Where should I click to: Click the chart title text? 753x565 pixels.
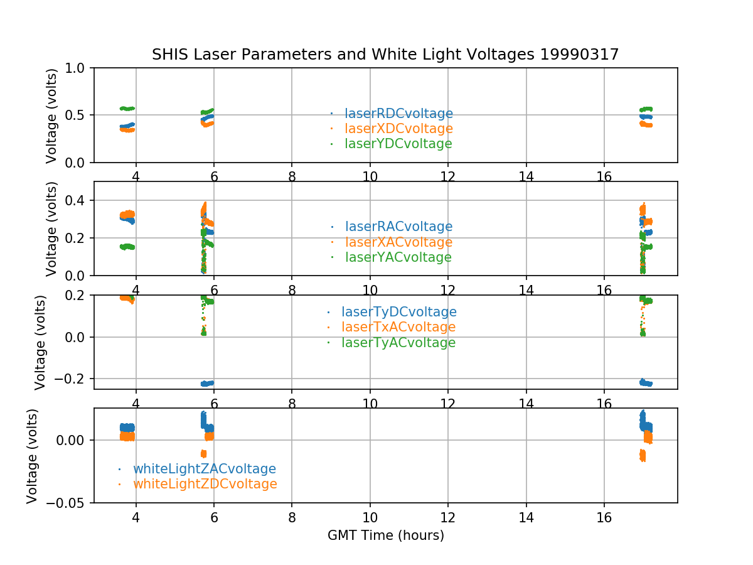[385, 55]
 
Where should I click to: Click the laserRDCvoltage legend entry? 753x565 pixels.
[398, 114]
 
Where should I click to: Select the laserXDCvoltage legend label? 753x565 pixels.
[398, 129]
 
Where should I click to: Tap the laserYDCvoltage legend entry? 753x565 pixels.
[398, 144]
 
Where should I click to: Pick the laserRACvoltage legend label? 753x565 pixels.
[398, 227]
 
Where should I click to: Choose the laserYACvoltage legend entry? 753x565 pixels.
[398, 257]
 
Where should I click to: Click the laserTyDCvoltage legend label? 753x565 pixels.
[398, 312]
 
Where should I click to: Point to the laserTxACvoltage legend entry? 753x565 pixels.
[398, 327]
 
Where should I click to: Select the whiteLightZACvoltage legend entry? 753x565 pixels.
[204, 469]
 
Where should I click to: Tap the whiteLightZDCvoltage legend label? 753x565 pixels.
[205, 484]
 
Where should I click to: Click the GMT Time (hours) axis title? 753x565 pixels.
[385, 535]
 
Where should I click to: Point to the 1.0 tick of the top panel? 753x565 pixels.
[79, 68]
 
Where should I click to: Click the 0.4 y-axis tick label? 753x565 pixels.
[79, 200]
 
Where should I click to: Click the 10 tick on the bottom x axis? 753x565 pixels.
[370, 517]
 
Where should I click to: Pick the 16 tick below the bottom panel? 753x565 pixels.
[604, 517]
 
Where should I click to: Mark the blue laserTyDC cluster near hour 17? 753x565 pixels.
[646, 383]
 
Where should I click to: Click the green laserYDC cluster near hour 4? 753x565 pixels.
[127, 109]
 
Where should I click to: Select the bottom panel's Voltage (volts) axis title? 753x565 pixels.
[33, 455]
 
